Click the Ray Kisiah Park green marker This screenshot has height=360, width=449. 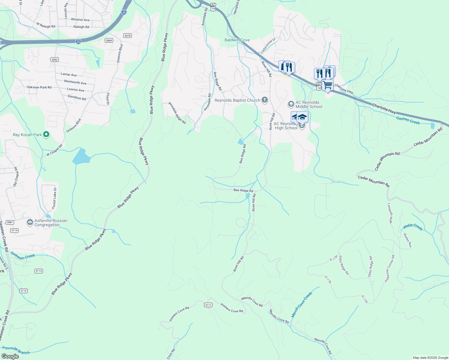point(46,135)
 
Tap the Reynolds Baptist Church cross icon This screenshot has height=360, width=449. point(264,100)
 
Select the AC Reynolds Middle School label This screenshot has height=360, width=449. point(309,104)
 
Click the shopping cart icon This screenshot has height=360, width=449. point(328,85)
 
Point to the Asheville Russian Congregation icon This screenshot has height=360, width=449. point(30,222)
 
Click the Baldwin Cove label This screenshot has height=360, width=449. point(237,40)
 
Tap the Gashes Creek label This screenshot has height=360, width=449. point(408,120)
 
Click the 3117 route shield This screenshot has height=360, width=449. point(208,305)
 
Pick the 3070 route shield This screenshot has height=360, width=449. point(128,36)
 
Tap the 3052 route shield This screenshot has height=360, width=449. point(54,59)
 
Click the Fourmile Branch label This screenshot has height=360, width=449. point(16,350)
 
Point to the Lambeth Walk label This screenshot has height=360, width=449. point(390,213)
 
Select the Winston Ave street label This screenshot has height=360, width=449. point(80,20)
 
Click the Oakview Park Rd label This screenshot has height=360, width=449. point(39,87)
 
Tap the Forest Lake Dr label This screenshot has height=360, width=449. point(54,198)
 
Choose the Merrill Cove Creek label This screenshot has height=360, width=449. point(302,304)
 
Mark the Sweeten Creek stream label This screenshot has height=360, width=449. point(23,255)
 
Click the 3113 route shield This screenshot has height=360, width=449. point(39,271)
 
